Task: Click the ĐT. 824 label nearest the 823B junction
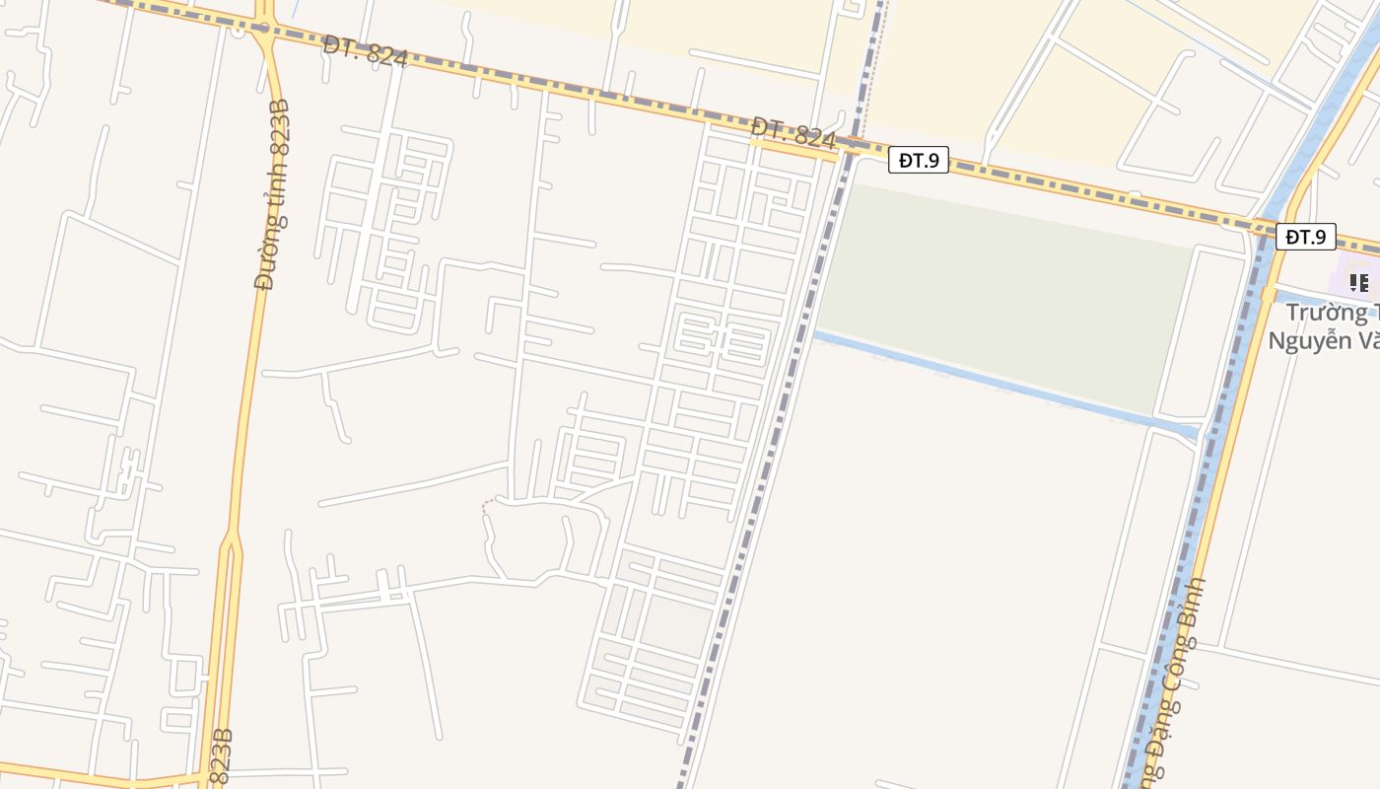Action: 365,51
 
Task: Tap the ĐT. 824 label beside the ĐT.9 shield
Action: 793,133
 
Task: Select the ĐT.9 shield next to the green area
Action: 918,160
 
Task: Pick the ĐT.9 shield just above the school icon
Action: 1305,237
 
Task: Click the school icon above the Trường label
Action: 1359,283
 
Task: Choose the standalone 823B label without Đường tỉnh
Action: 222,756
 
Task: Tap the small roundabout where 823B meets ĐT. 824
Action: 262,29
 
